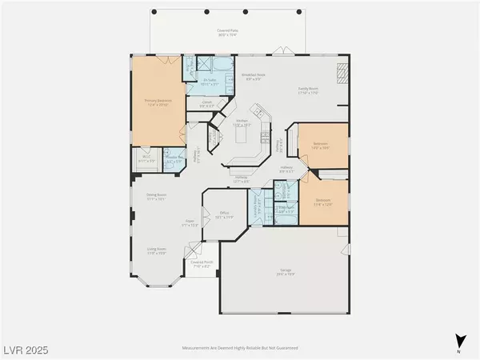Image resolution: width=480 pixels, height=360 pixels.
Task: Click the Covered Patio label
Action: pyautogui.click(x=231, y=34)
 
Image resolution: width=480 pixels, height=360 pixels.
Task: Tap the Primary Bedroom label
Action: pyautogui.click(x=158, y=102)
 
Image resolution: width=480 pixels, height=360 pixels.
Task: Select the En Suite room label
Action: pyautogui.click(x=211, y=82)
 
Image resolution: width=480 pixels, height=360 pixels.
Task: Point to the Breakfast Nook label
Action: pyautogui.click(x=254, y=77)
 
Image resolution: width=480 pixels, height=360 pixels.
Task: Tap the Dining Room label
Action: pyautogui.click(x=155, y=198)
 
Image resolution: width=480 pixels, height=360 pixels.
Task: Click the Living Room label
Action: pyautogui.click(x=156, y=251)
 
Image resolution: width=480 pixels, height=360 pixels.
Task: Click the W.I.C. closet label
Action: pyautogui.click(x=146, y=159)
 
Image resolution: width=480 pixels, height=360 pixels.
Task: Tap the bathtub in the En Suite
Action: pyautogui.click(x=221, y=64)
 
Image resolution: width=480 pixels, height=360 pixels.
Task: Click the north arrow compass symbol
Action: pyautogui.click(x=457, y=339)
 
